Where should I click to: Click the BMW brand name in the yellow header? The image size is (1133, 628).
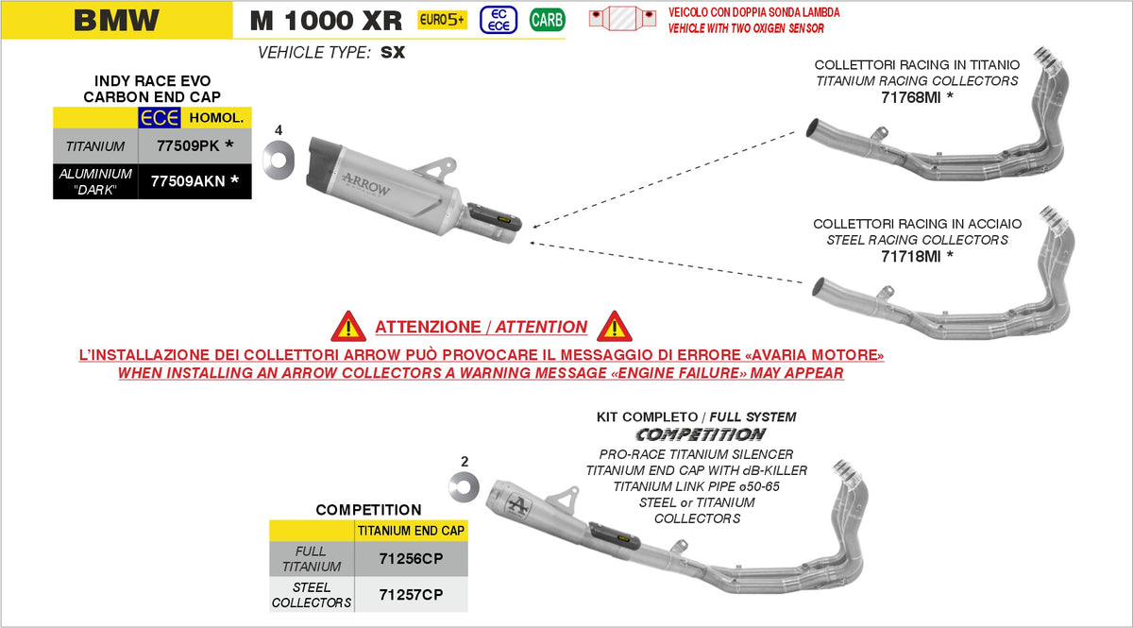tap(116, 20)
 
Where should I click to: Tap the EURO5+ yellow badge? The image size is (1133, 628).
tap(442, 19)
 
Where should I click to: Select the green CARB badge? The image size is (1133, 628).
tap(547, 19)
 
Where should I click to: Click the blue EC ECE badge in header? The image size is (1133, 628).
tap(499, 19)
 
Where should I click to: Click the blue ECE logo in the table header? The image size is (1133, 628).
tap(160, 117)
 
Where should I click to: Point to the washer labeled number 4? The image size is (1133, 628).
tap(280, 157)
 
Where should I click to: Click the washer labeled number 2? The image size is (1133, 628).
tap(464, 488)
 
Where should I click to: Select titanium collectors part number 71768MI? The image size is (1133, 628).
tap(916, 97)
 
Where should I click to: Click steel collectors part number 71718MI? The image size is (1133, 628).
tap(916, 256)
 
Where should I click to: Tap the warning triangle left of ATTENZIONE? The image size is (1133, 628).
tap(348, 326)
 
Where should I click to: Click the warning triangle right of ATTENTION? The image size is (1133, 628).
tap(615, 326)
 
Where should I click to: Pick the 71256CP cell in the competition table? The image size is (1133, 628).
tap(411, 559)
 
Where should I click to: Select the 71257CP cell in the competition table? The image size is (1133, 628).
tap(411, 595)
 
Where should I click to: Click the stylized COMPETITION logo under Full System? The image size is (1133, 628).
tap(700, 434)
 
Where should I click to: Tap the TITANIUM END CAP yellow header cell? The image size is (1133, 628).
tap(411, 531)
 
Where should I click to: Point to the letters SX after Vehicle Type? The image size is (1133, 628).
tap(393, 53)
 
